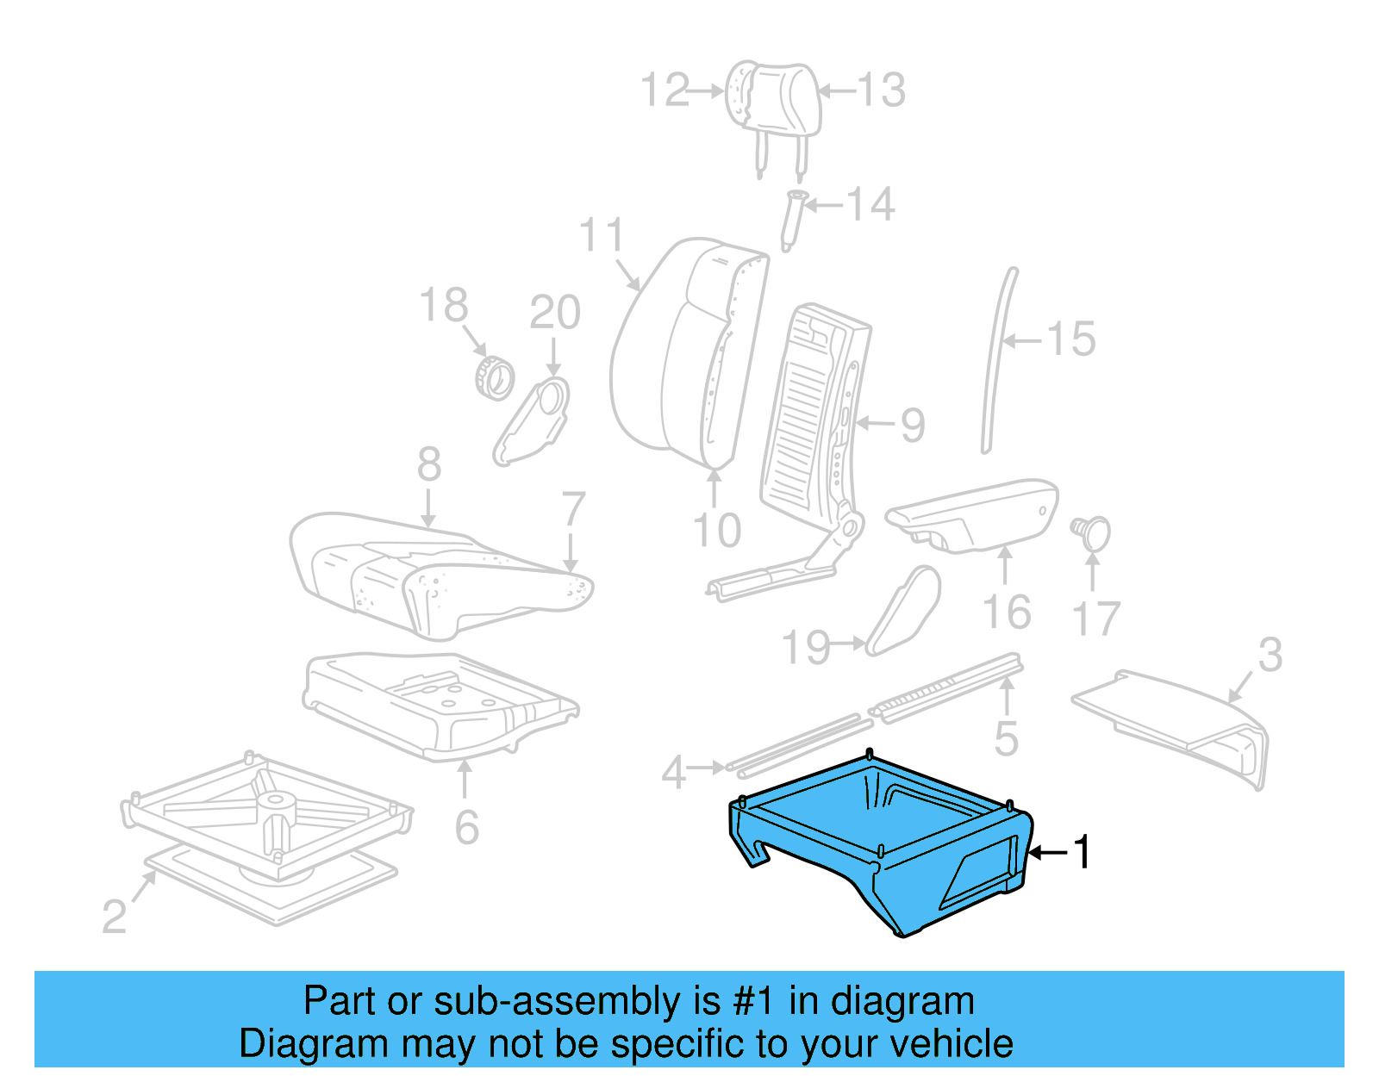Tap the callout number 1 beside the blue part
(x=1081, y=852)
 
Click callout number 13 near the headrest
(x=881, y=90)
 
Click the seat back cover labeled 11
(x=681, y=353)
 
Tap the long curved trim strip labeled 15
(x=998, y=362)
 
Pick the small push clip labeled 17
(x=1093, y=532)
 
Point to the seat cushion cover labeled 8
(x=440, y=569)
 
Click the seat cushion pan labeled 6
(x=440, y=702)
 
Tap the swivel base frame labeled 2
(x=267, y=827)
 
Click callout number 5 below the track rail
(x=1005, y=739)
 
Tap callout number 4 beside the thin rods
(x=673, y=772)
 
